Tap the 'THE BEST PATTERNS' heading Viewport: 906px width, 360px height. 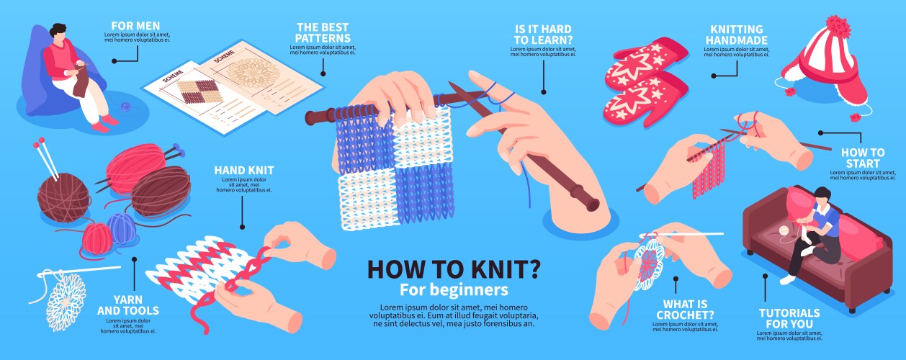(323, 32)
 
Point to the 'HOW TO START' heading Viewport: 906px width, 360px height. (863, 158)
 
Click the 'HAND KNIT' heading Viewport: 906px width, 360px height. (243, 170)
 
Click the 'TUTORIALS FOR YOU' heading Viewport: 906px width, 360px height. (789, 318)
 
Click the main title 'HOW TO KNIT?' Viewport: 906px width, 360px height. (454, 269)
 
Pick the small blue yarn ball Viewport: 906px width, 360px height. (121, 228)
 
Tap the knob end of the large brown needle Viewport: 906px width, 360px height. (592, 204)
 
